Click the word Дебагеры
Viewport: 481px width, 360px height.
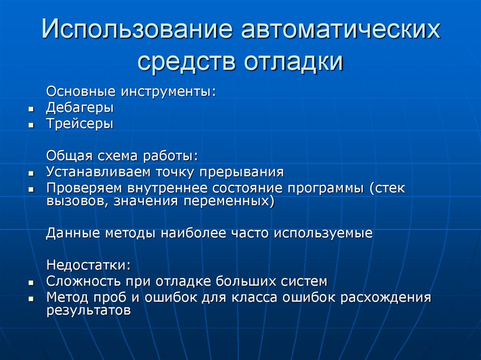[80, 107]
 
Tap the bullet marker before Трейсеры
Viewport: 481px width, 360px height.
[31, 125]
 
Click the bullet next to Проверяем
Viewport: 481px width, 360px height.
[31, 189]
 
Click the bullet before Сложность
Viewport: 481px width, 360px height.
[31, 283]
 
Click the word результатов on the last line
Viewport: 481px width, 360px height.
[88, 311]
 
